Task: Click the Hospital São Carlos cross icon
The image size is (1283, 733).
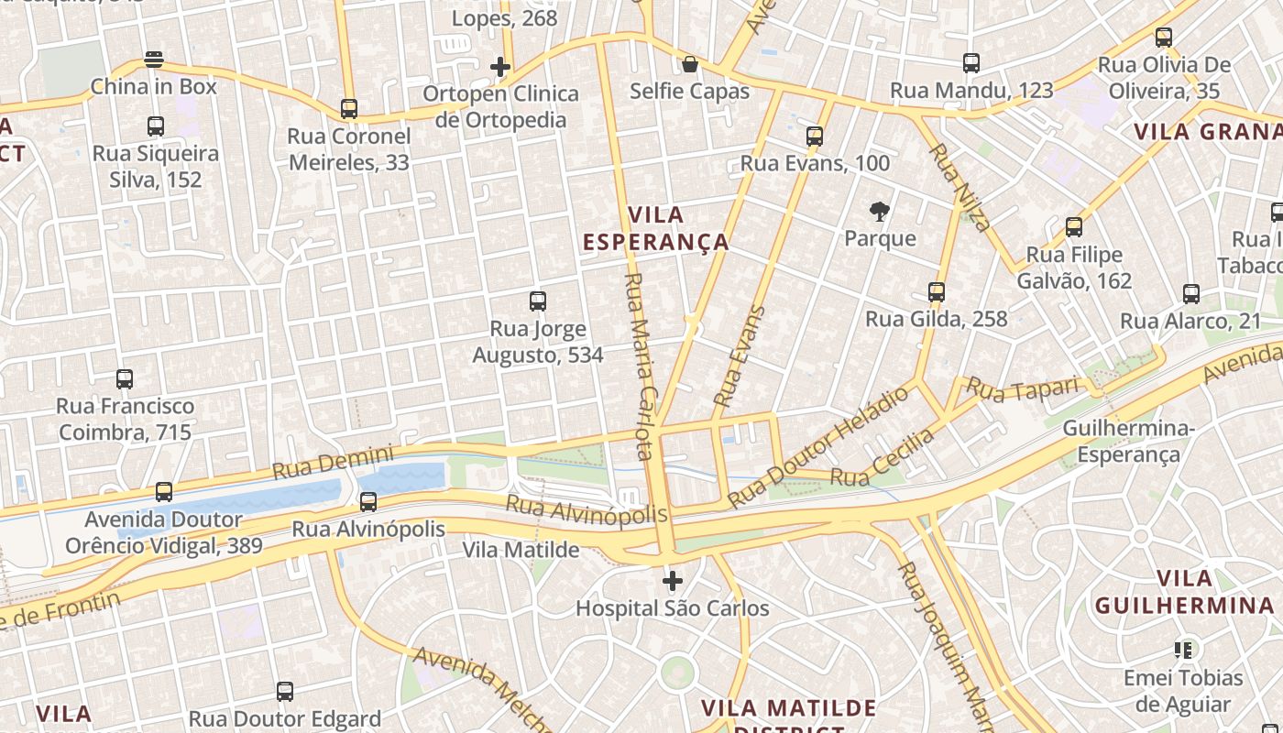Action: (x=673, y=581)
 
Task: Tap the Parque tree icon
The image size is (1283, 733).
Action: (x=880, y=212)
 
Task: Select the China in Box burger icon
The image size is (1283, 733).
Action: (x=154, y=60)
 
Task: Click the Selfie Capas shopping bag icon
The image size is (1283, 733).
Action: (x=690, y=64)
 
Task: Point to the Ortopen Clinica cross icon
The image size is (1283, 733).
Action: (x=500, y=67)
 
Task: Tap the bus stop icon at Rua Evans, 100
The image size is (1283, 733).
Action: (x=815, y=137)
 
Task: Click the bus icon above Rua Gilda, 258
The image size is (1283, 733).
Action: (x=937, y=292)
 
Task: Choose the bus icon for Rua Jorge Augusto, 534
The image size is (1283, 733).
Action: (x=538, y=301)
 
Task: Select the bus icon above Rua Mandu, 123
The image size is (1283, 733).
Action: (x=971, y=63)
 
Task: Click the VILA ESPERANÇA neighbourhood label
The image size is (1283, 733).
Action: (x=656, y=228)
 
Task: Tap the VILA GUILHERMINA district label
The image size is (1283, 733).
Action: (x=1184, y=592)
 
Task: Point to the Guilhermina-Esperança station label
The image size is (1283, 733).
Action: (x=1128, y=442)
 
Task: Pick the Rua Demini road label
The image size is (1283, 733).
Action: (x=333, y=462)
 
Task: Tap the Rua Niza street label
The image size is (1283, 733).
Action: (x=960, y=187)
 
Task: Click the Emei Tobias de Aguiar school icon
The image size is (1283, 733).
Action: (x=1183, y=651)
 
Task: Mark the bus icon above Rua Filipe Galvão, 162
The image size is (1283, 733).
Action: (x=1074, y=226)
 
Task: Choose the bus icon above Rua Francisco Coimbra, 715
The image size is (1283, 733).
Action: (x=125, y=378)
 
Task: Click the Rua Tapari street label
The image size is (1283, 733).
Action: (x=1023, y=389)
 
